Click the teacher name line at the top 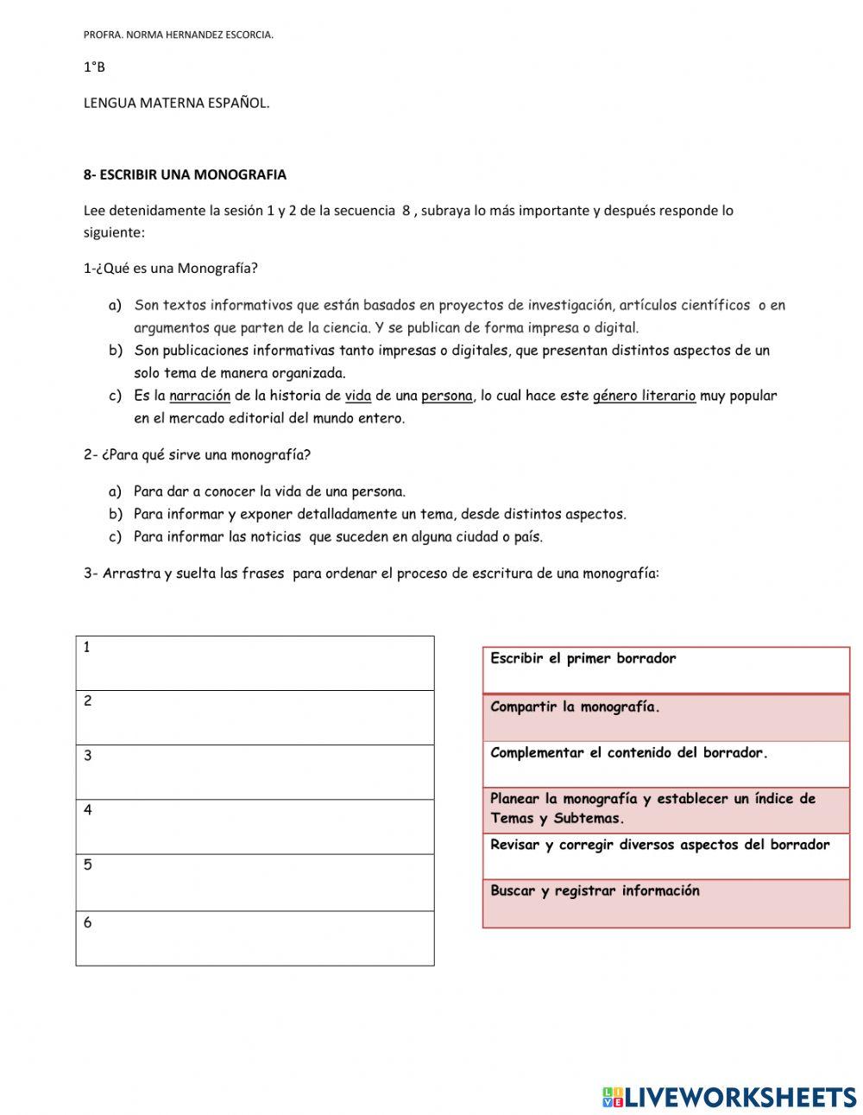pyautogui.click(x=178, y=35)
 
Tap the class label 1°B pyautogui.click(x=94, y=67)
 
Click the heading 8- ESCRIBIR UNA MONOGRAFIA pyautogui.click(x=185, y=174)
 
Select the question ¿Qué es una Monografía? pyautogui.click(x=171, y=269)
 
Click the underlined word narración pyautogui.click(x=199, y=396)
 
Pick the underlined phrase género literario pyautogui.click(x=644, y=396)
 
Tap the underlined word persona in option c pyautogui.click(x=446, y=396)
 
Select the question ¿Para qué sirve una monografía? pyautogui.click(x=197, y=455)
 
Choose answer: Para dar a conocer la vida pyautogui.click(x=268, y=492)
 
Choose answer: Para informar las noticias pyautogui.click(x=337, y=537)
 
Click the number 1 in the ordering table pyautogui.click(x=87, y=647)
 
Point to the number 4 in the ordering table pyautogui.click(x=87, y=810)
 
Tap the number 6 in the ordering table pyautogui.click(x=87, y=922)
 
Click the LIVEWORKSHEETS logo pyautogui.click(x=728, y=1097)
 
